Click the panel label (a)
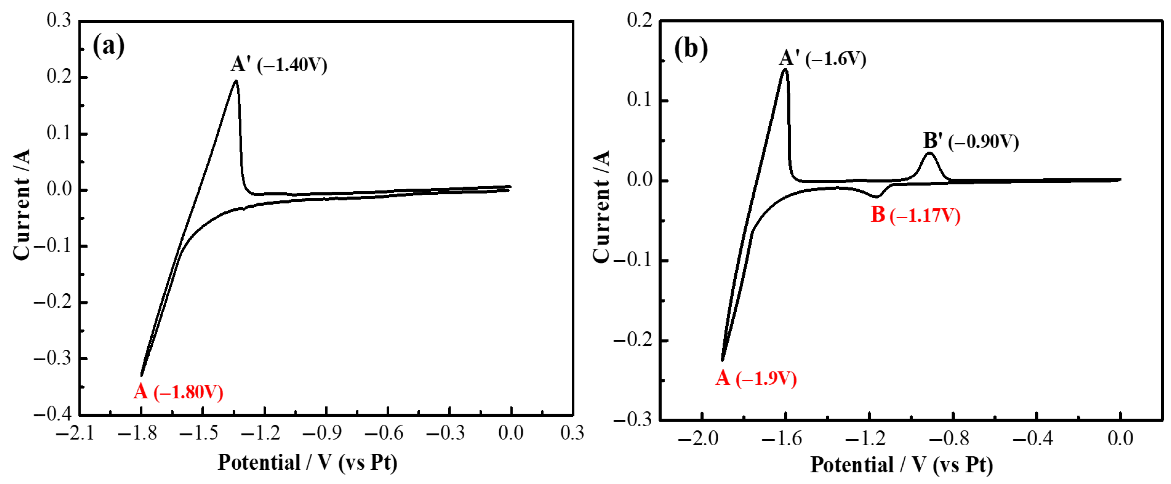[108, 46]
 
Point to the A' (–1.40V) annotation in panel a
[279, 64]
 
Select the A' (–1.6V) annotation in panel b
[822, 58]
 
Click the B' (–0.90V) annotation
[971, 141]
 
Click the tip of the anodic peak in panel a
[235, 81]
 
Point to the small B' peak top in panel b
[929, 153]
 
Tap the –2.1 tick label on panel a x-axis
[75, 433]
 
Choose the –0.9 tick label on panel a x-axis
[322, 433]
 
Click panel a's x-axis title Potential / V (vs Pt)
[308, 463]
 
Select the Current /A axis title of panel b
[601, 207]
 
